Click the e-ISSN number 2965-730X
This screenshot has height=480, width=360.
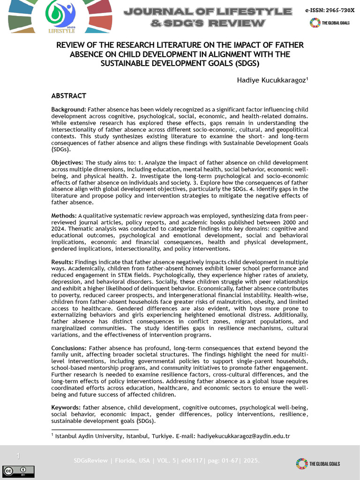click(x=329, y=10)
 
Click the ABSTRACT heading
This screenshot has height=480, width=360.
click(x=68, y=96)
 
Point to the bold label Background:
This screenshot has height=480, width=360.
click(x=68, y=109)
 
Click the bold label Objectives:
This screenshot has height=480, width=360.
click(x=67, y=163)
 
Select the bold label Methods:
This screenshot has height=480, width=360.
click(x=64, y=216)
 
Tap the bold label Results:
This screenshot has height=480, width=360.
click(x=62, y=262)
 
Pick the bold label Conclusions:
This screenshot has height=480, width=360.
click(x=69, y=348)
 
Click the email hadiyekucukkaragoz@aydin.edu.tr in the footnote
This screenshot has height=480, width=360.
click(x=244, y=436)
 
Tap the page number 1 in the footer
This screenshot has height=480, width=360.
click(x=18, y=456)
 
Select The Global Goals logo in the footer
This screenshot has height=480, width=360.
click(x=318, y=464)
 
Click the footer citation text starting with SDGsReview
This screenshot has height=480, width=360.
click(x=166, y=461)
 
